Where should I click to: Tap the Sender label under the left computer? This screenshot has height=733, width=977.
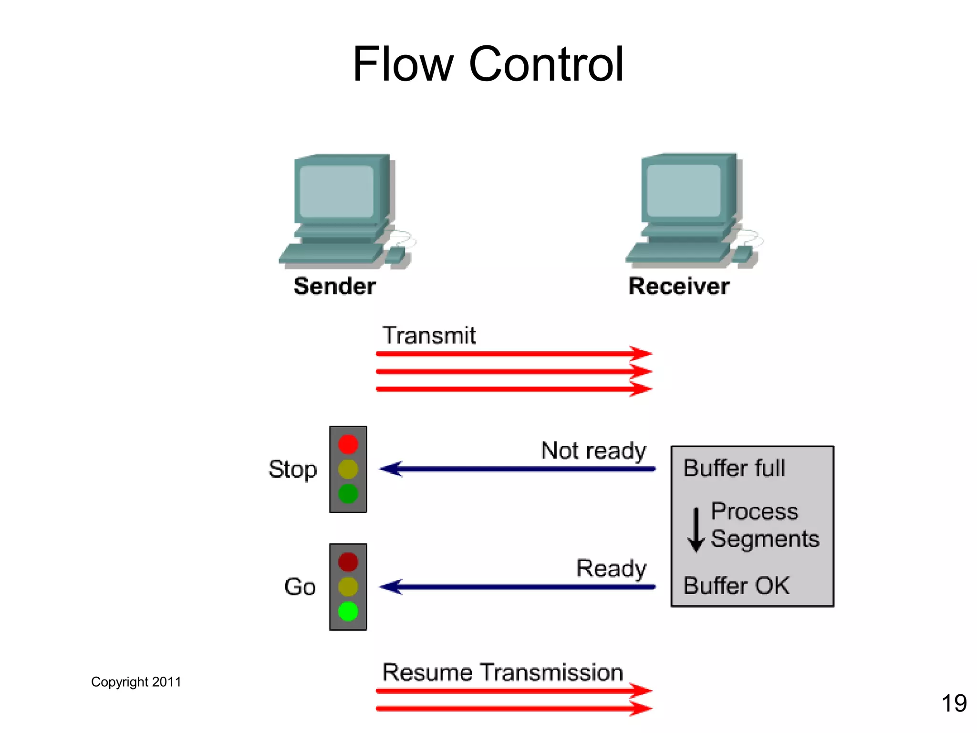pyautogui.click(x=334, y=286)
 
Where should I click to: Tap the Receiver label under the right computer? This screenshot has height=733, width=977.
pyautogui.click(x=679, y=286)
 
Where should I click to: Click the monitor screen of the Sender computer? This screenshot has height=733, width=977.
pyautogui.click(x=337, y=191)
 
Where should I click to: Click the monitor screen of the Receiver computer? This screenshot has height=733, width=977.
pyautogui.click(x=683, y=190)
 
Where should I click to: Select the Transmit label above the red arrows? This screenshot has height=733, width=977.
pyautogui.click(x=429, y=335)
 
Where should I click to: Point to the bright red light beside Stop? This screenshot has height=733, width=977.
pyautogui.click(x=348, y=444)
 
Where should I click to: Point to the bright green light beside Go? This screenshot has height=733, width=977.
pyautogui.click(x=348, y=611)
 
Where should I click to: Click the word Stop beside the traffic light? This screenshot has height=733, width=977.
pyautogui.click(x=292, y=470)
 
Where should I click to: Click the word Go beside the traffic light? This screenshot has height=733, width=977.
pyautogui.click(x=300, y=587)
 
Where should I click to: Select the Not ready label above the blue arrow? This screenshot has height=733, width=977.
pyautogui.click(x=593, y=451)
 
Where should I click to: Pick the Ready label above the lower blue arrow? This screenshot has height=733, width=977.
pyautogui.click(x=611, y=568)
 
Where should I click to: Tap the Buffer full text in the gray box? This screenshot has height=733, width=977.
pyautogui.click(x=734, y=468)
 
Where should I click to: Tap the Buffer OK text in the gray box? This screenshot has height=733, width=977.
pyautogui.click(x=736, y=586)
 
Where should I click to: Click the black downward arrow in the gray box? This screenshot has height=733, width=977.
pyautogui.click(x=696, y=530)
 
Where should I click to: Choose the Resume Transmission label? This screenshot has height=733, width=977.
pyautogui.click(x=503, y=672)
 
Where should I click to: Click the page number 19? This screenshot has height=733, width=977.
pyautogui.click(x=954, y=703)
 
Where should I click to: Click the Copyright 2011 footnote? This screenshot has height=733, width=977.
pyautogui.click(x=136, y=682)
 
